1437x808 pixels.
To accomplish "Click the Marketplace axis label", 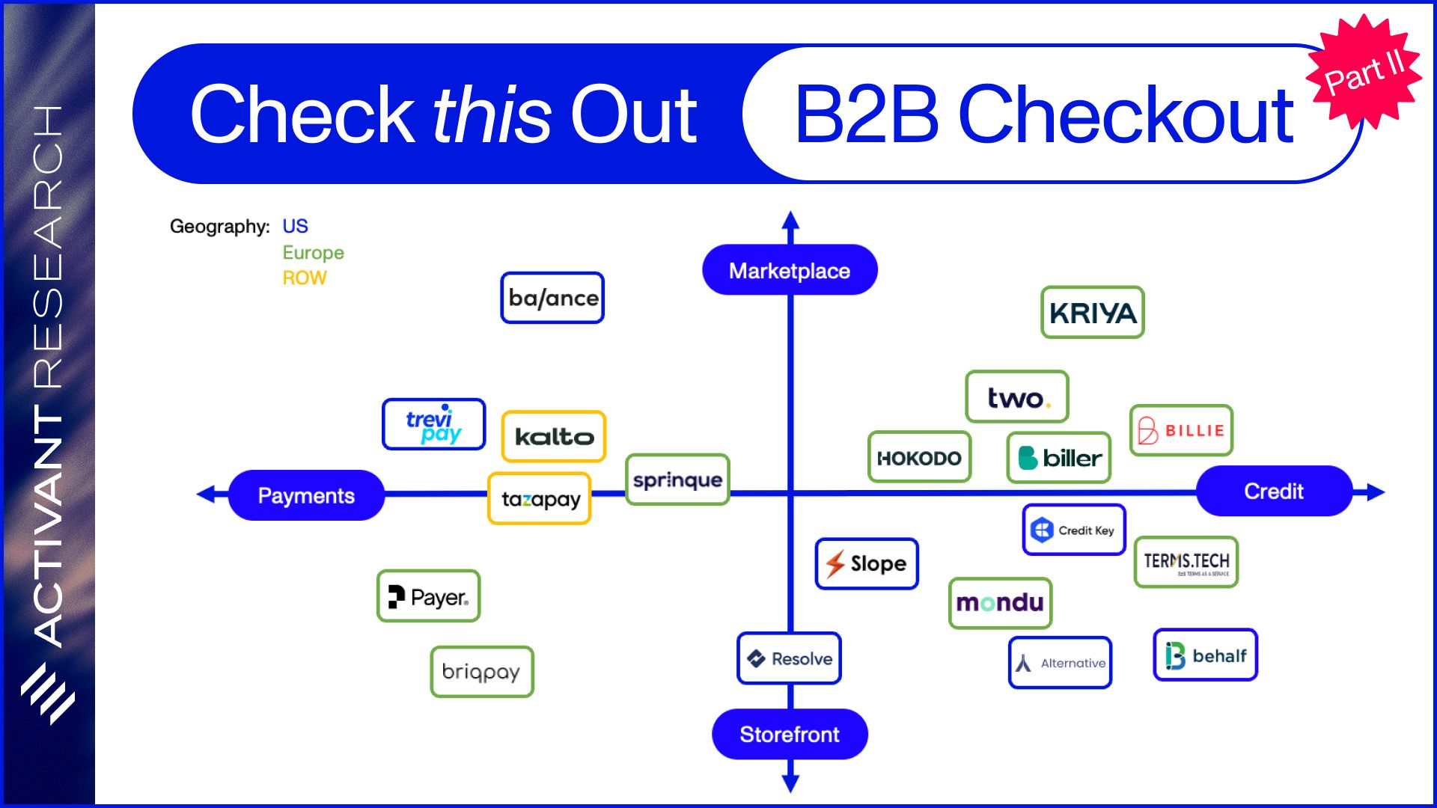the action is pyautogui.click(x=790, y=270).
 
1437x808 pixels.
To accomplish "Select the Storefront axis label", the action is pyautogui.click(x=790, y=734).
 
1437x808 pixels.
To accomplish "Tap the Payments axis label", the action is pyautogui.click(x=306, y=495).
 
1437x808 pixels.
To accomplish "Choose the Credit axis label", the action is pyautogui.click(x=1274, y=491).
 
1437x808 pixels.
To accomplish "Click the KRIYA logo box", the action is pyautogui.click(x=1093, y=312).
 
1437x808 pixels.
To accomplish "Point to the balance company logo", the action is pyautogui.click(x=552, y=298).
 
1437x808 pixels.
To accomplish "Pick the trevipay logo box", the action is pyautogui.click(x=434, y=424).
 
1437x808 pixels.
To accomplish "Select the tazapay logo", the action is pyautogui.click(x=540, y=498).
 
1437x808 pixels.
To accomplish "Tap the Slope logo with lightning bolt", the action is pyautogui.click(x=867, y=563).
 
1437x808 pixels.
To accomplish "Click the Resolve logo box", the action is pyautogui.click(x=790, y=658).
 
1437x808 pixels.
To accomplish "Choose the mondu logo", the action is pyautogui.click(x=1001, y=603).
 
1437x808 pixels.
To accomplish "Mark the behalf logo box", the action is pyautogui.click(x=1206, y=655).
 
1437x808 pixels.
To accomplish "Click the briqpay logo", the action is pyautogui.click(x=482, y=672).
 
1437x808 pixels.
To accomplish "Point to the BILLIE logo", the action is pyautogui.click(x=1181, y=430).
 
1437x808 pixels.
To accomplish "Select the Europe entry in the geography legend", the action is pyautogui.click(x=313, y=253).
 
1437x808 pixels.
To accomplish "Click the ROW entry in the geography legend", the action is pyautogui.click(x=305, y=278).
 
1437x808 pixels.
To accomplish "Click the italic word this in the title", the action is pyautogui.click(x=492, y=114).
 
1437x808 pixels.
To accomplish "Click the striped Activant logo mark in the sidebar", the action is pyautogui.click(x=47, y=694).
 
